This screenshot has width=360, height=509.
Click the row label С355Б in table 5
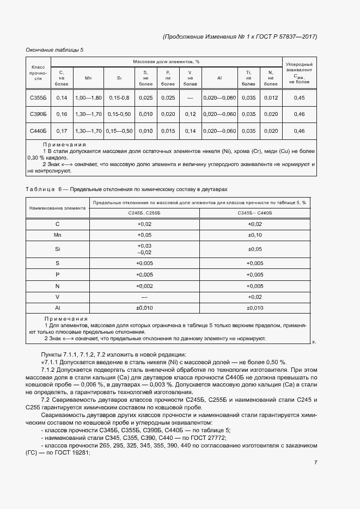coord(38,97)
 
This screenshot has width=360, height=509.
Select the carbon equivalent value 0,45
coord(299,97)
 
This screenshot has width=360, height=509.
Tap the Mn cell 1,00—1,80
coord(88,97)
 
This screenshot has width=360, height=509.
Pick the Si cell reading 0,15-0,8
coord(119,97)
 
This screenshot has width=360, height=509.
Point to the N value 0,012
coord(271,97)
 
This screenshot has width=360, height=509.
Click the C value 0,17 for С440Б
coord(62,131)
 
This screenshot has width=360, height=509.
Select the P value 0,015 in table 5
coord(168,131)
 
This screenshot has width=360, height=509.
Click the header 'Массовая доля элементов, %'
coord(166,62)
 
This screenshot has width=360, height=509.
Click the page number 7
coord(315,462)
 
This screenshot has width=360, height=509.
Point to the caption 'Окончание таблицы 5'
coord(54,50)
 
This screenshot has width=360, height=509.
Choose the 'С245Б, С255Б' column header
coord(144,213)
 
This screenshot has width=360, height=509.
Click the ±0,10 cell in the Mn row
coord(255,235)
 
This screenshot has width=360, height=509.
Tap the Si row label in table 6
coord(58,249)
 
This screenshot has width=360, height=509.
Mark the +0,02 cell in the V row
coord(255,297)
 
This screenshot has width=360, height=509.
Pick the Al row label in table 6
coord(58,308)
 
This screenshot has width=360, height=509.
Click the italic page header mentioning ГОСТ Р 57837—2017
coord(240,36)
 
